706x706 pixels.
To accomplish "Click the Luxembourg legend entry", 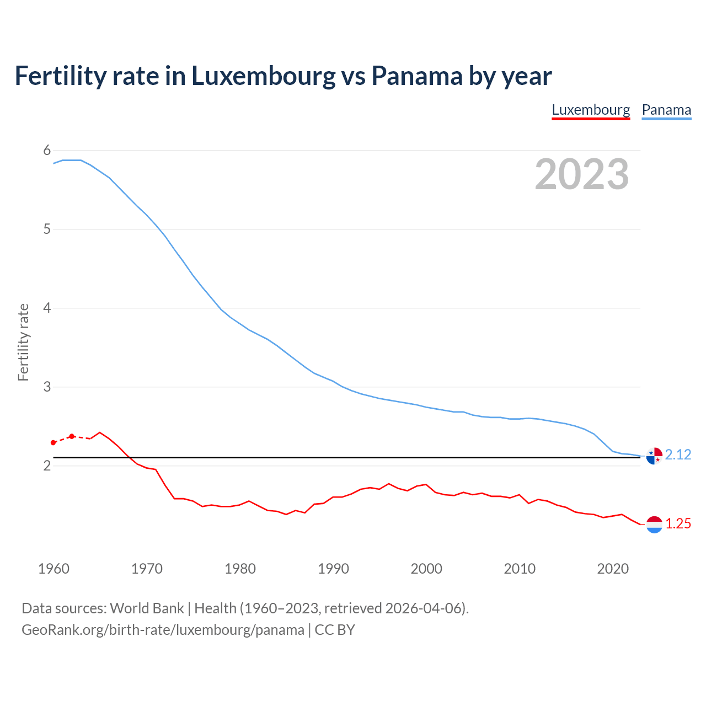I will [x=591, y=110].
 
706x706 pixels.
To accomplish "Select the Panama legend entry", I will [x=666, y=110].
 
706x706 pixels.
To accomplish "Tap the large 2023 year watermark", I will [x=582, y=174].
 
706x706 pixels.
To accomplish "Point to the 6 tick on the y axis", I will [x=47, y=151].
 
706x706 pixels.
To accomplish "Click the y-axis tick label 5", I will [x=47, y=229].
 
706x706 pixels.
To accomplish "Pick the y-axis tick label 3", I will [x=47, y=387].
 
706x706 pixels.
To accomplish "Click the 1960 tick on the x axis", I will [x=54, y=569].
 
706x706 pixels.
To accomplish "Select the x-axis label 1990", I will [x=333, y=569].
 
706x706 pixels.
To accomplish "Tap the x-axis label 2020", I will [x=613, y=569].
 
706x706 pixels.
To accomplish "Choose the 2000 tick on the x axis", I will [x=426, y=569].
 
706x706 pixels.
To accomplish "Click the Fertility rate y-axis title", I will [x=23, y=342].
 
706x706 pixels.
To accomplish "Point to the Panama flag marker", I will [x=654, y=456].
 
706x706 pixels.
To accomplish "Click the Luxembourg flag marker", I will [x=654, y=525].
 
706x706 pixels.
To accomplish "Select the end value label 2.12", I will [x=678, y=455].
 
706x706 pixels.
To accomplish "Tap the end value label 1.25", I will [x=678, y=524].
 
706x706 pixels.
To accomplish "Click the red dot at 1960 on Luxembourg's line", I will [x=53, y=443].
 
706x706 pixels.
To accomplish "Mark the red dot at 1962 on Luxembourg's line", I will [x=72, y=436].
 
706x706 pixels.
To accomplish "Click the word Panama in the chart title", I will [x=417, y=76].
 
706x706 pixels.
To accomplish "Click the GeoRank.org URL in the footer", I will [x=163, y=630].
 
